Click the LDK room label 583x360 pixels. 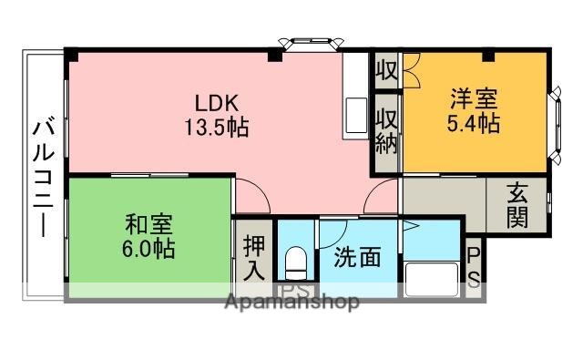point(217,102)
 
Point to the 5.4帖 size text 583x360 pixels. point(473,124)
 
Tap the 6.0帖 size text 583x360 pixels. point(148,248)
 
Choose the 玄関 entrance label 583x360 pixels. point(517,208)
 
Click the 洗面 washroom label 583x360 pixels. point(356,258)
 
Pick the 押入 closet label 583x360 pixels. point(254,258)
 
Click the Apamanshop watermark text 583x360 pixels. point(291,302)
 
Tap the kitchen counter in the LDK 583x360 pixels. point(353,96)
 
